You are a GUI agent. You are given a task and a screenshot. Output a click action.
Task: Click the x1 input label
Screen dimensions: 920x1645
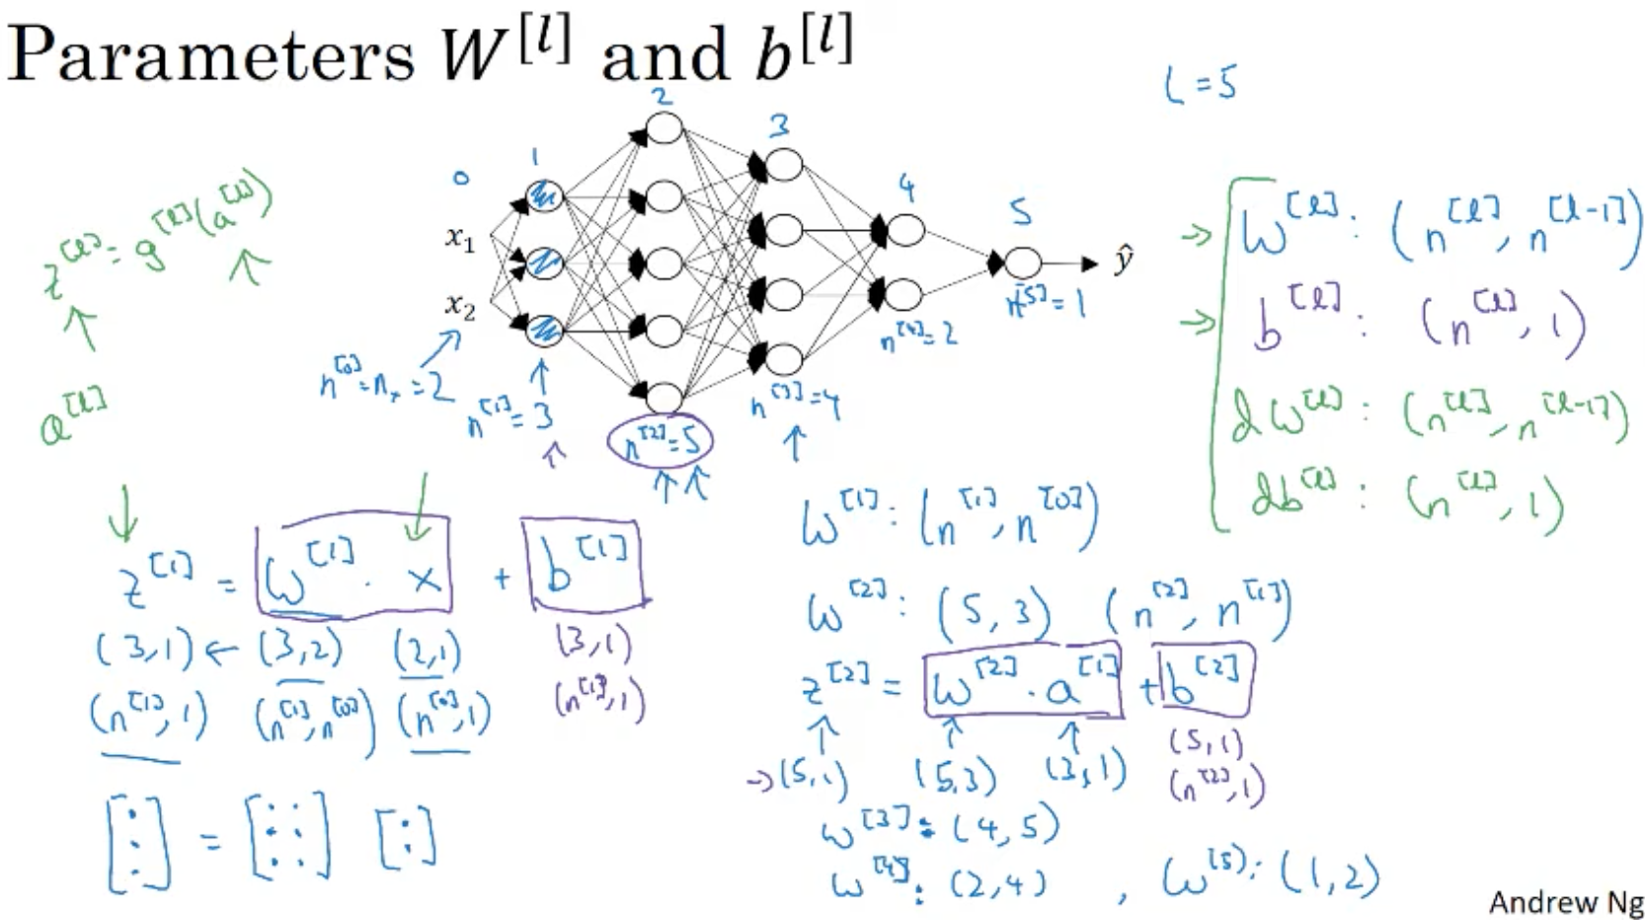pos(460,238)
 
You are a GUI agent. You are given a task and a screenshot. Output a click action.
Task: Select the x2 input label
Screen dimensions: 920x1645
pos(460,306)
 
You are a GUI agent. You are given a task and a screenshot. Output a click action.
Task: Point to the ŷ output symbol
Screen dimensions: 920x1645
pos(1123,262)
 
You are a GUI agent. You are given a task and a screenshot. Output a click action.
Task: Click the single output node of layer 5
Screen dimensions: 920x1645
pos(1022,263)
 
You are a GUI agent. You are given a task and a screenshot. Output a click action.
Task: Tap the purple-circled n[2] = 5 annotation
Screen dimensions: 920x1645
pos(661,441)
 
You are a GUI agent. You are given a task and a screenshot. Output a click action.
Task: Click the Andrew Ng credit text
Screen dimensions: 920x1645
pos(1565,901)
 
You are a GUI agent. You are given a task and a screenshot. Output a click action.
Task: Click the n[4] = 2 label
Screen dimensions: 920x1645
pos(918,336)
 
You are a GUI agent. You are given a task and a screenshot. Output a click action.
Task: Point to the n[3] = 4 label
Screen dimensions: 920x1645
pos(795,404)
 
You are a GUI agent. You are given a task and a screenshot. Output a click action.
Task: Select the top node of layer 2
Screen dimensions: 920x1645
pos(664,130)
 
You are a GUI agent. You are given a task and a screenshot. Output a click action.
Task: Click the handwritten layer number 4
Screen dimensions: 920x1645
pos(906,188)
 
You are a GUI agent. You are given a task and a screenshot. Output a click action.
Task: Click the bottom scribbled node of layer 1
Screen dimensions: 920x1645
pos(545,330)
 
